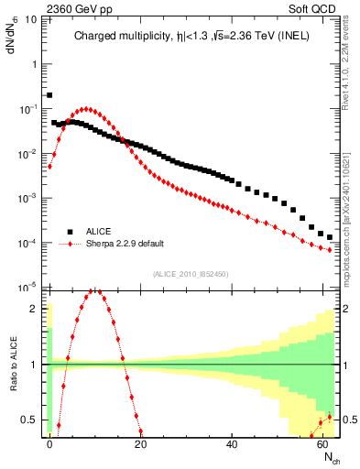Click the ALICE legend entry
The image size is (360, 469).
pyautogui.click(x=95, y=232)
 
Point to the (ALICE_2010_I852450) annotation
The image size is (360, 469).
pyautogui.click(x=188, y=274)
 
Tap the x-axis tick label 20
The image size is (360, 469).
pyautogui.click(x=141, y=442)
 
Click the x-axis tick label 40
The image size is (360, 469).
pyautogui.click(x=233, y=442)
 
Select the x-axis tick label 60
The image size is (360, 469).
pyautogui.click(x=323, y=442)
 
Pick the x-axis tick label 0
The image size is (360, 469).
pyautogui.click(x=49, y=442)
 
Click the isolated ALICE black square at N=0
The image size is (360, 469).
pyautogui.click(x=49, y=94)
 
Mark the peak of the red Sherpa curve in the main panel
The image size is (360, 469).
pyautogui.click(x=85, y=109)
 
